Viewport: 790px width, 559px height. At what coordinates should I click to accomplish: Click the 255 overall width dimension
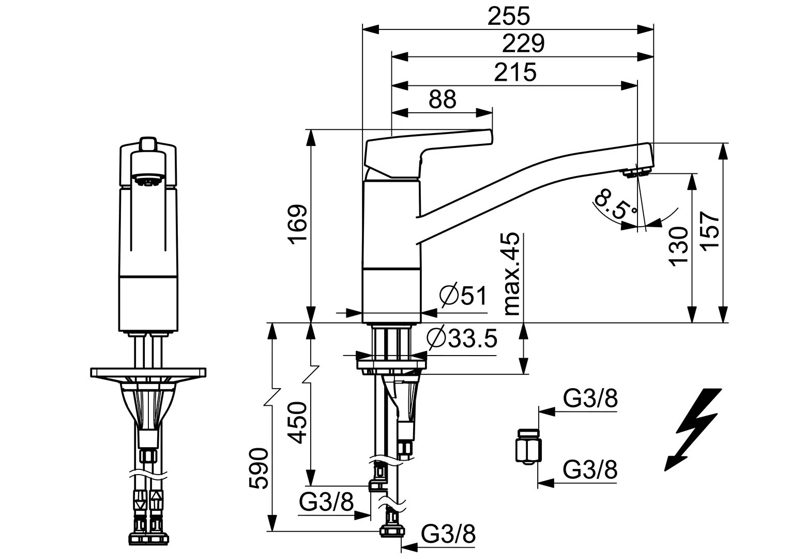[509, 17]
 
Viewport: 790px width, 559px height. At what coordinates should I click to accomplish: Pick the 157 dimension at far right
[712, 232]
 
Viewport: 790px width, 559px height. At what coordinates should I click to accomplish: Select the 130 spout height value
[679, 245]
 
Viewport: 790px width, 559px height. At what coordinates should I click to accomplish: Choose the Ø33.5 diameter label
[462, 339]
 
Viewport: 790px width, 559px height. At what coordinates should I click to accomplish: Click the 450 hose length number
[298, 423]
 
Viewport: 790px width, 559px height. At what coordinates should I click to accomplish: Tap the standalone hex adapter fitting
[528, 446]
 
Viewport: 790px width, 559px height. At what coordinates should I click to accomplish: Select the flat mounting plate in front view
[148, 373]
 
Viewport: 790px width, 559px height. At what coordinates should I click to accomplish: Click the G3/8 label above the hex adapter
[590, 400]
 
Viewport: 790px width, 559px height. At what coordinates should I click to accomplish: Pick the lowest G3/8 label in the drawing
[448, 535]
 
